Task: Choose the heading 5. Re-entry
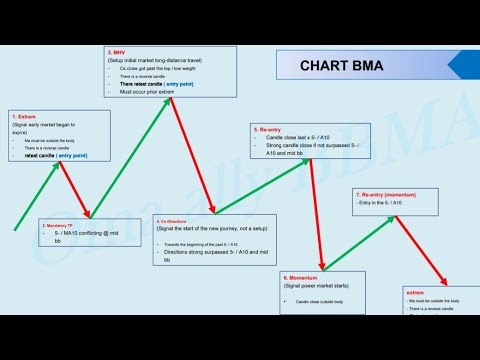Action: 268,129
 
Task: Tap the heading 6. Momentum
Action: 301,276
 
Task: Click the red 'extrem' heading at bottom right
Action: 415,293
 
